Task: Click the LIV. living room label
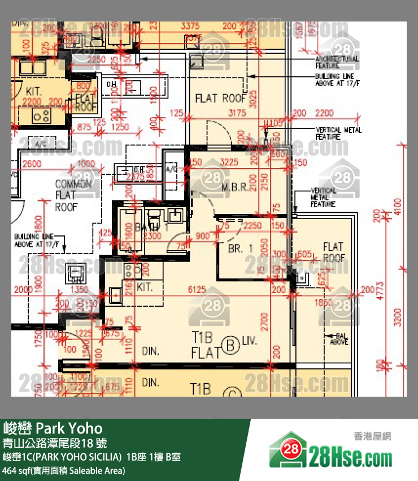[250, 341]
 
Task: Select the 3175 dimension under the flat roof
[236, 113]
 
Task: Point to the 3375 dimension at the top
[190, 26]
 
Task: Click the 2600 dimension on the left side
[32, 164]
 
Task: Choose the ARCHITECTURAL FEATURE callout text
[336, 62]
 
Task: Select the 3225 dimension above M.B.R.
[229, 162]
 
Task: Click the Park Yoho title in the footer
[53, 428]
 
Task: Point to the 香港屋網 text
[372, 436]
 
